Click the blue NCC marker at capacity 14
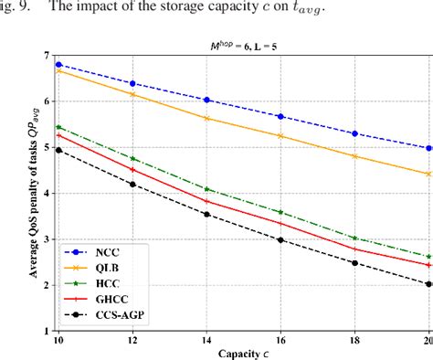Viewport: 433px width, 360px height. pyautogui.click(x=206, y=100)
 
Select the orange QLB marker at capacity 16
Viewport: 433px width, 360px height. pyautogui.click(x=280, y=136)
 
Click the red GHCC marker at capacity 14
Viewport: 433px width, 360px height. pyautogui.click(x=206, y=201)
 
